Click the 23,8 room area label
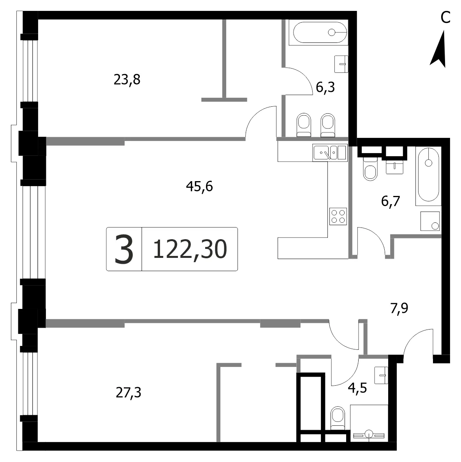127,79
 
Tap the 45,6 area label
199,187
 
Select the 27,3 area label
128,393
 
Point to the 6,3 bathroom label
326,88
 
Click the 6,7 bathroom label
391,201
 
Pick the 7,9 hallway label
399,309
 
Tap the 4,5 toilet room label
357,388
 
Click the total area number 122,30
190,249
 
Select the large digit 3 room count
124,249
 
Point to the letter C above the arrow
445,18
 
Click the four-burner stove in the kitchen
338,217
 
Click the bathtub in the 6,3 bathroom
318,32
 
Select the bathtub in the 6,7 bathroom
428,176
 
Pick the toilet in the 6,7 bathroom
370,169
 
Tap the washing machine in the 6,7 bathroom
430,221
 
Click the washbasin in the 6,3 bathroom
341,64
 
